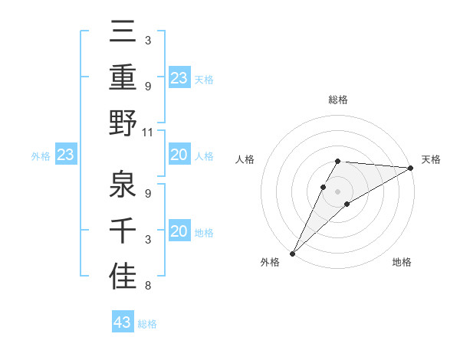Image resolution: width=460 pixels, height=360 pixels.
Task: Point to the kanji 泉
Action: [123, 184]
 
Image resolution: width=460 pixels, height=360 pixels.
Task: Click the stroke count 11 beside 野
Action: [148, 132]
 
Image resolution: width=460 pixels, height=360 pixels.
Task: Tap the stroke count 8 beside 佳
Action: [147, 286]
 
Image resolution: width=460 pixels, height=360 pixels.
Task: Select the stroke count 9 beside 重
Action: [147, 86]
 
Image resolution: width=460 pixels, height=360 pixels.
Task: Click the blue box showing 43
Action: [123, 322]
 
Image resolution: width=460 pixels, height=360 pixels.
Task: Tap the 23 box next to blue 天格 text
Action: [179, 77]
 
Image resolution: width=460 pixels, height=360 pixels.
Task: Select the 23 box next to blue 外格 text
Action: [66, 155]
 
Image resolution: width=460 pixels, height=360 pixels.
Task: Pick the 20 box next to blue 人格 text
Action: [179, 155]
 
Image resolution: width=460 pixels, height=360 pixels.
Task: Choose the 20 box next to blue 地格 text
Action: [179, 232]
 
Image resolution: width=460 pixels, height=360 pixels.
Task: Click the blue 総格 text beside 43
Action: [147, 324]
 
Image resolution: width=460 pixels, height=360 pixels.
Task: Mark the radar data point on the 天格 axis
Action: [411, 168]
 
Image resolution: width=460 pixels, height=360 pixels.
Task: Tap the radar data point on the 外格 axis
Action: [292, 254]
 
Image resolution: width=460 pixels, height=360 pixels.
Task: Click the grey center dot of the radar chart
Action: [337, 191]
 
